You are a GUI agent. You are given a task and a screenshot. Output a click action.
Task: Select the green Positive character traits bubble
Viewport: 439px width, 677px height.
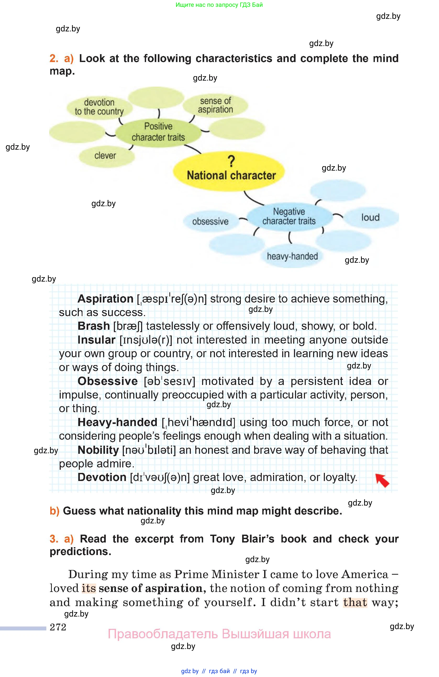coord(158,132)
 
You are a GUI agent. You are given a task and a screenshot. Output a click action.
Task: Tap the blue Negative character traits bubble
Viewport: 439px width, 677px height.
coord(289,216)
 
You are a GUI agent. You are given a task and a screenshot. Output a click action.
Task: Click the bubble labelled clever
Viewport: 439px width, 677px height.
coord(105,156)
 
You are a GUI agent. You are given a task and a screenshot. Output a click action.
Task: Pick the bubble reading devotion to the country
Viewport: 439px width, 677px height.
coord(99,107)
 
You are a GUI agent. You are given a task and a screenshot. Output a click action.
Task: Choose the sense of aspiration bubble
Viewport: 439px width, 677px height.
coord(215,105)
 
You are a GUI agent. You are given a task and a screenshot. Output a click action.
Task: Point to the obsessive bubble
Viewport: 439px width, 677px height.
coord(210,221)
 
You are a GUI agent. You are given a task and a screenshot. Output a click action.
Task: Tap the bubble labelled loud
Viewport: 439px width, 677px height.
coord(370,218)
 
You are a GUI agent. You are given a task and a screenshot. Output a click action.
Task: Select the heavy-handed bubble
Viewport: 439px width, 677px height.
coord(292,256)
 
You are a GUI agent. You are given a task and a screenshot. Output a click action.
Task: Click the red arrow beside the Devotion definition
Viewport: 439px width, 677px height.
coord(382,480)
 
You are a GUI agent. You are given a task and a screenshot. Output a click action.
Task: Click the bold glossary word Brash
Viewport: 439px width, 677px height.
coord(94,326)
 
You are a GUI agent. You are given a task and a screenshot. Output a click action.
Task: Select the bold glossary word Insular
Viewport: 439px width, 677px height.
coord(96,340)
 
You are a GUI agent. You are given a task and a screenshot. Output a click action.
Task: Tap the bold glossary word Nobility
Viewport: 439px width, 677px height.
coord(98,450)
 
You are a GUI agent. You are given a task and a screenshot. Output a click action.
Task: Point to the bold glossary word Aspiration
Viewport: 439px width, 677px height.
coord(105,299)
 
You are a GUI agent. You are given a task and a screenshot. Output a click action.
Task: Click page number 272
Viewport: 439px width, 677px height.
coord(58,627)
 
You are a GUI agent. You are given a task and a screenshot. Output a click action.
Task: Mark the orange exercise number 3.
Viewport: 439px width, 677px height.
coord(54,539)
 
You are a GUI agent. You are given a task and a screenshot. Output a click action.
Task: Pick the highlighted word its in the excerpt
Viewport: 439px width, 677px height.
coord(89,588)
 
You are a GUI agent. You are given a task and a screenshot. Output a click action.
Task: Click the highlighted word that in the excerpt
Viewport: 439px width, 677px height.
coord(355,602)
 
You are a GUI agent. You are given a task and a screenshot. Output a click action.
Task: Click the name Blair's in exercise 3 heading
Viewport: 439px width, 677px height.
coord(258,539)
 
